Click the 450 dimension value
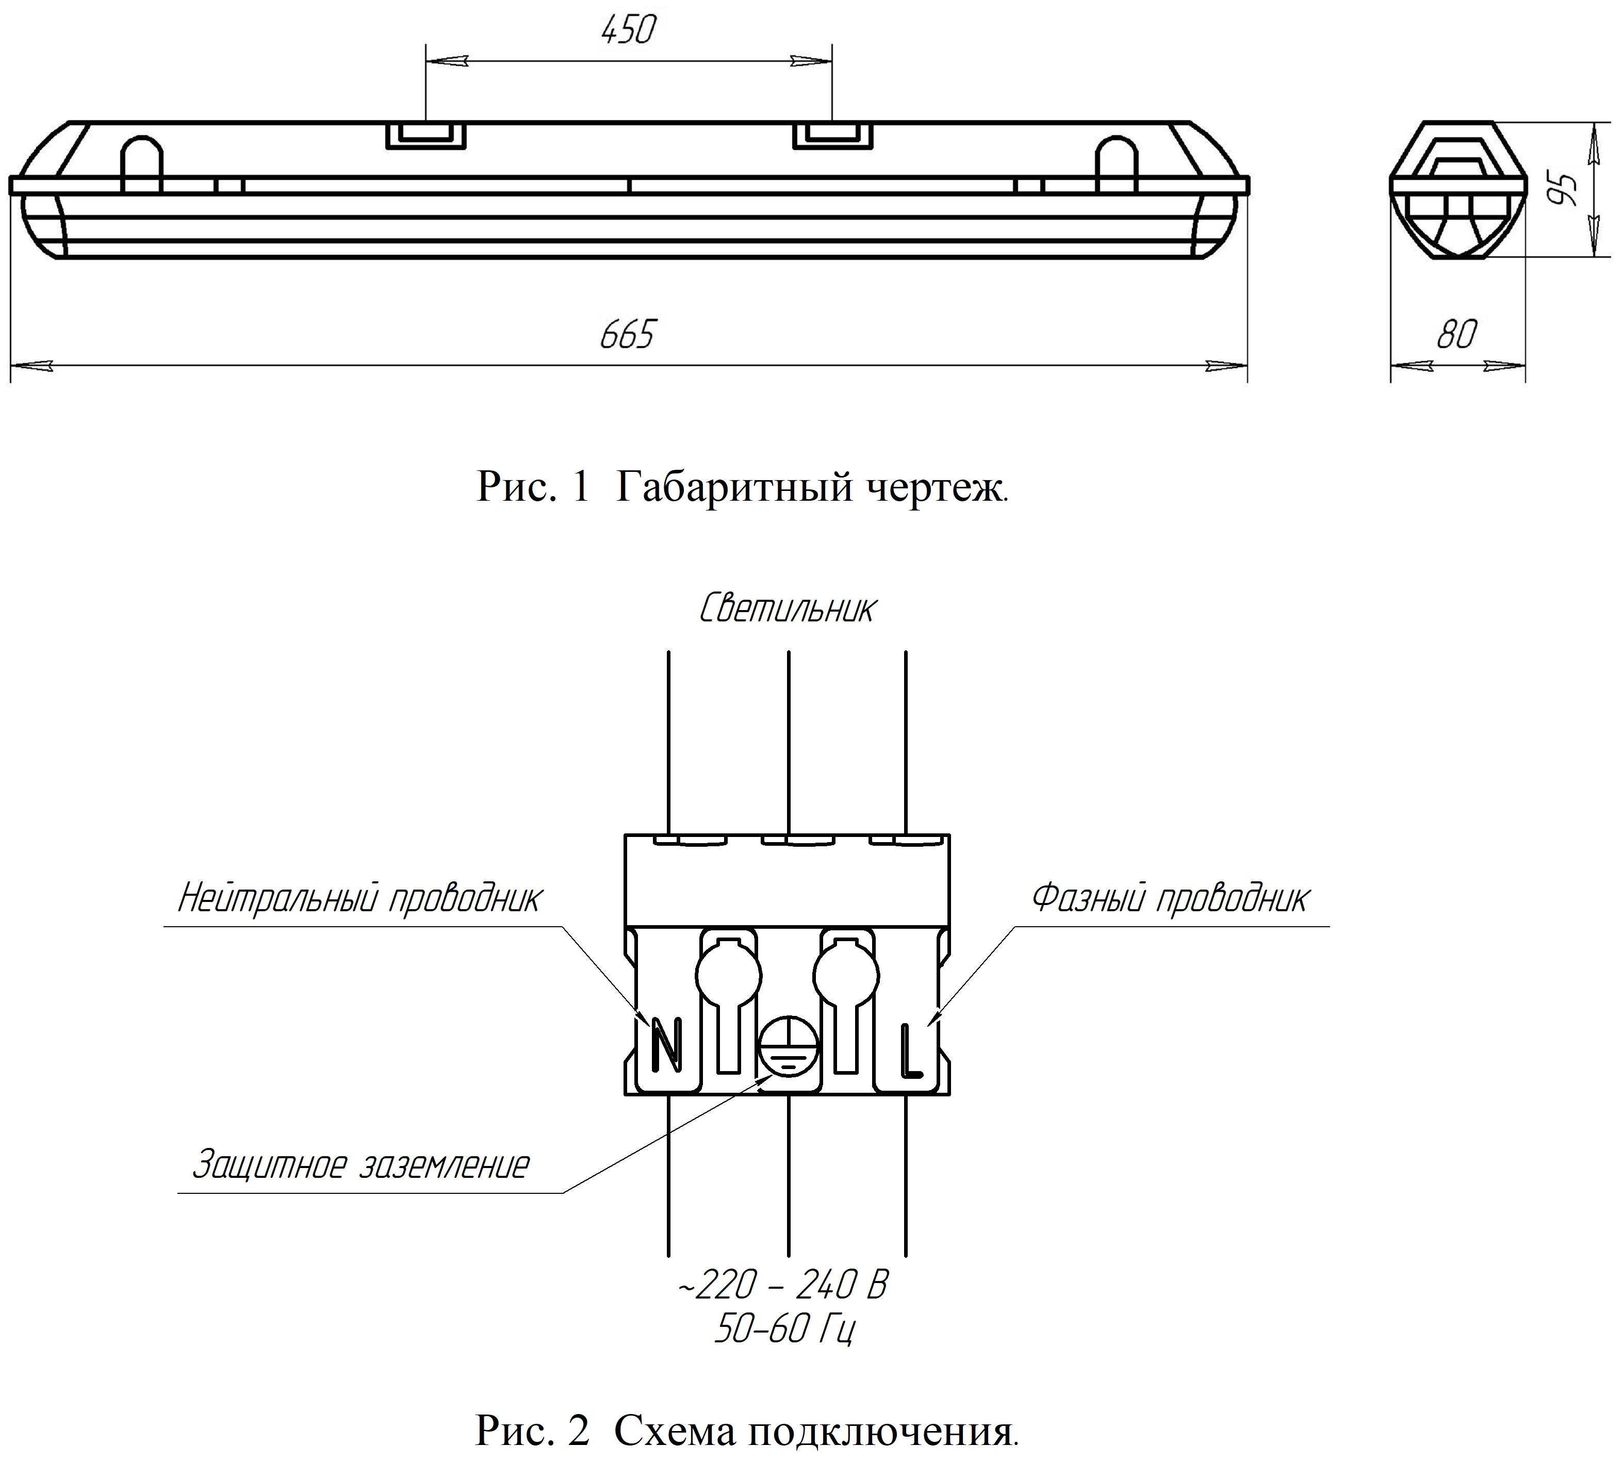click(628, 30)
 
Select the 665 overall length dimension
click(628, 334)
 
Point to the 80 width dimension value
click(1456, 334)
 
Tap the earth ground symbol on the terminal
click(788, 1049)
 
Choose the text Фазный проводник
click(1170, 898)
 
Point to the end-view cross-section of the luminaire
click(1457, 190)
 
